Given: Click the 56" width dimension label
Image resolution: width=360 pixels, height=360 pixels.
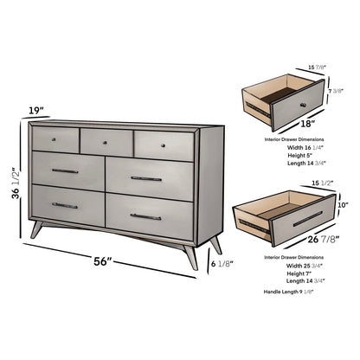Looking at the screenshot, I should [x=103, y=260].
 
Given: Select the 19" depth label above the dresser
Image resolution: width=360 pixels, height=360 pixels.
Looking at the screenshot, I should [x=34, y=110].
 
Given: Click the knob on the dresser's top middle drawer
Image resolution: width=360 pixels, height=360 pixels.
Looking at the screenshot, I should [x=104, y=141].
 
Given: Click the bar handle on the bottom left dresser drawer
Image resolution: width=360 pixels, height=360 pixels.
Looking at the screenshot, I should [x=65, y=205].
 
